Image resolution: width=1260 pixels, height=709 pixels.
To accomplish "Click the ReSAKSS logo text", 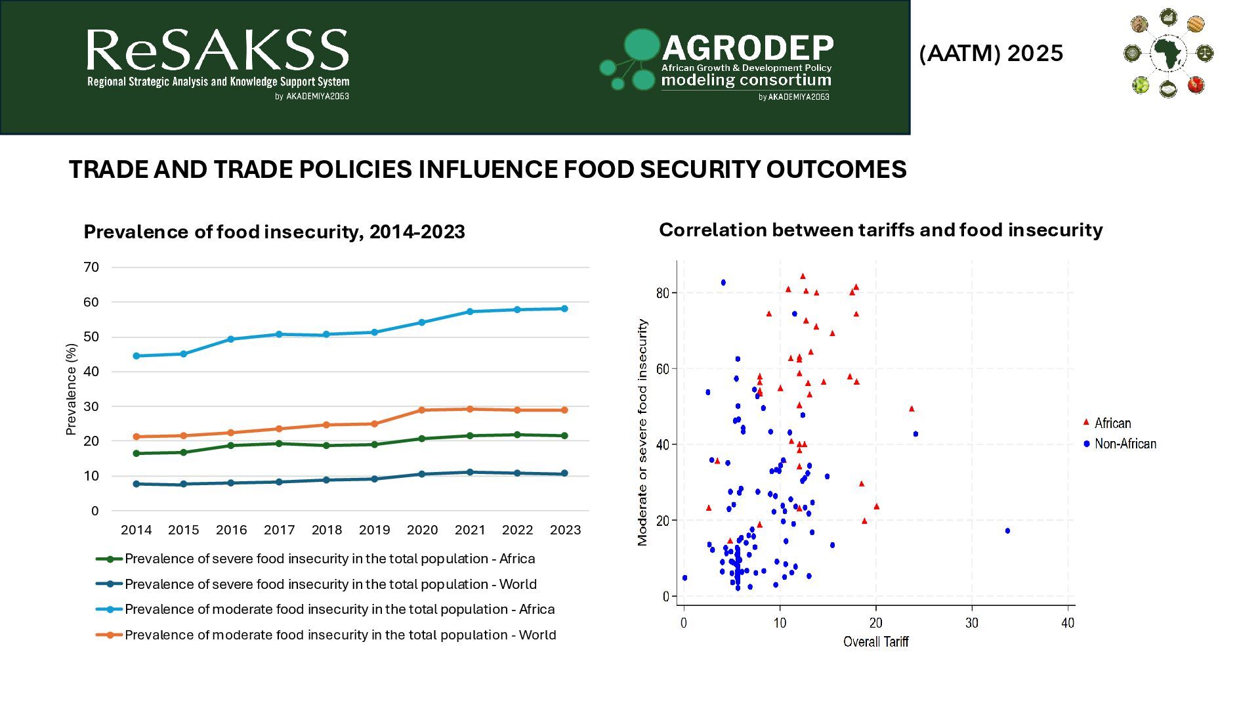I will click(x=217, y=51).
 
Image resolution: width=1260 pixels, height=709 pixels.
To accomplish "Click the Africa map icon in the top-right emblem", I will click(x=1167, y=53).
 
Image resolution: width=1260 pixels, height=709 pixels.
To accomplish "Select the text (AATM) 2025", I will click(x=991, y=53).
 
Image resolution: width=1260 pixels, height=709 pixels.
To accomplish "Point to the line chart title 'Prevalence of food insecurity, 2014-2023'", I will click(x=274, y=232).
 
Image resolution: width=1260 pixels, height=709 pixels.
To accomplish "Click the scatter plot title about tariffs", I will click(x=881, y=230).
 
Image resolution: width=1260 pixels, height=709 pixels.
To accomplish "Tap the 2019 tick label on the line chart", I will click(x=374, y=530).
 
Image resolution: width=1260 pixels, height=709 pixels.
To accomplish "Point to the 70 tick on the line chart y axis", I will click(x=91, y=267).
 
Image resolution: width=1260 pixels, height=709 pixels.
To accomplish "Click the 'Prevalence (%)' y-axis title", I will click(x=71, y=389).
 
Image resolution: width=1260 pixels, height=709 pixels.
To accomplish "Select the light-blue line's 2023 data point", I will click(x=564, y=309).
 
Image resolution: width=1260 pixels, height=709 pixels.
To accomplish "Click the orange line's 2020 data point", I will click(x=421, y=410).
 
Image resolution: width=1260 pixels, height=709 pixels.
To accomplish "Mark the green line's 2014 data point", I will click(x=136, y=454).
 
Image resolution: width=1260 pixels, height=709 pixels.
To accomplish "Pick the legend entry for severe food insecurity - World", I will click(x=330, y=584).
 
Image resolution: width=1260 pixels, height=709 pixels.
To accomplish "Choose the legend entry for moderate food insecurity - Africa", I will click(x=339, y=609).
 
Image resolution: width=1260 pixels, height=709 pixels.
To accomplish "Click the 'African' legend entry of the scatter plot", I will click(x=1112, y=423).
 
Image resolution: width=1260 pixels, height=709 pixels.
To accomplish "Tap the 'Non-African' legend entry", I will click(x=1125, y=444).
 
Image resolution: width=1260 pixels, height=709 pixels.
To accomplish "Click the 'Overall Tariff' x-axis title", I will click(x=875, y=642).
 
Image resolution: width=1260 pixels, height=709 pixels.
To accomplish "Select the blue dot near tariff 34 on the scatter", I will click(x=1007, y=531).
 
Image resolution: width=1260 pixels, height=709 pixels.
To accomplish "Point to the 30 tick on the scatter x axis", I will click(x=971, y=623).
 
